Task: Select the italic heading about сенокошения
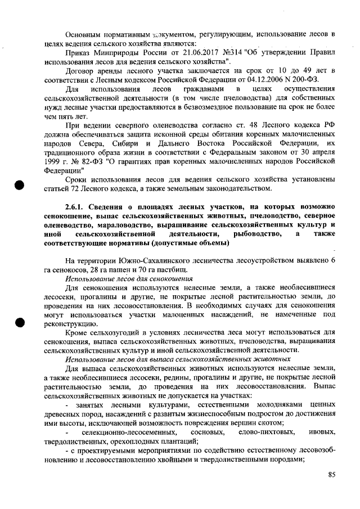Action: (x=129, y=278)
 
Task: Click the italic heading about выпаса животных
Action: (x=178, y=358)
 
